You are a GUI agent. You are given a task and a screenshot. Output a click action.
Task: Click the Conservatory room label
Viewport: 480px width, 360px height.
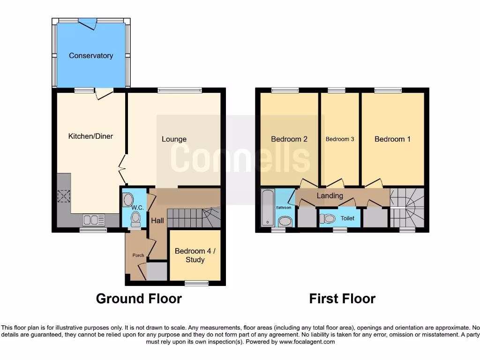tap(91, 55)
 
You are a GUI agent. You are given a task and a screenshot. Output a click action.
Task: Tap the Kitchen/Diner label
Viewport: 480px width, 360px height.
tap(90, 136)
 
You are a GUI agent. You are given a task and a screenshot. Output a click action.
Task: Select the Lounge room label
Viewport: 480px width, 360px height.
tap(174, 139)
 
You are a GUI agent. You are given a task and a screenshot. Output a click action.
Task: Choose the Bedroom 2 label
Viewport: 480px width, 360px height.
tap(289, 139)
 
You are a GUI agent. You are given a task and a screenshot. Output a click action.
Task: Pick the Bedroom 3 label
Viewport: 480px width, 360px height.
tap(340, 139)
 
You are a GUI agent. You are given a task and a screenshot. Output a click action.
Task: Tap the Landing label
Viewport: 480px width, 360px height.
tap(330, 195)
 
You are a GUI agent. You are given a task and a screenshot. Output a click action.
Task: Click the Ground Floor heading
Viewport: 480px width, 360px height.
tap(139, 299)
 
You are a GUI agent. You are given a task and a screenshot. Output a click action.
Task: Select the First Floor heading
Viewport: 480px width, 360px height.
tap(342, 299)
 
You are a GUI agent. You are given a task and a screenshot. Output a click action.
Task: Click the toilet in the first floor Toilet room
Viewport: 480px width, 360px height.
tap(329, 218)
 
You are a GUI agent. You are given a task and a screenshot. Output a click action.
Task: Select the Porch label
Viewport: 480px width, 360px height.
tap(138, 255)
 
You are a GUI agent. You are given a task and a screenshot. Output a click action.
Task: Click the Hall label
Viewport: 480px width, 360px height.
tap(157, 220)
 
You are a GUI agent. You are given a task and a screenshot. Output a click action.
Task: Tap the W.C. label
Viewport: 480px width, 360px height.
tap(137, 208)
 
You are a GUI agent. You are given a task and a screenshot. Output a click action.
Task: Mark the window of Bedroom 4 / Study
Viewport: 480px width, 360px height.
tap(196, 283)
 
